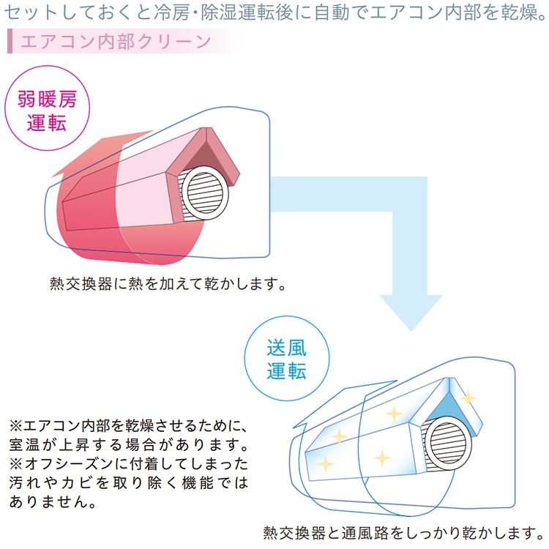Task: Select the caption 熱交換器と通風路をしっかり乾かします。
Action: [x=403, y=532]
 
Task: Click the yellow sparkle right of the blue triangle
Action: [x=468, y=397]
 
